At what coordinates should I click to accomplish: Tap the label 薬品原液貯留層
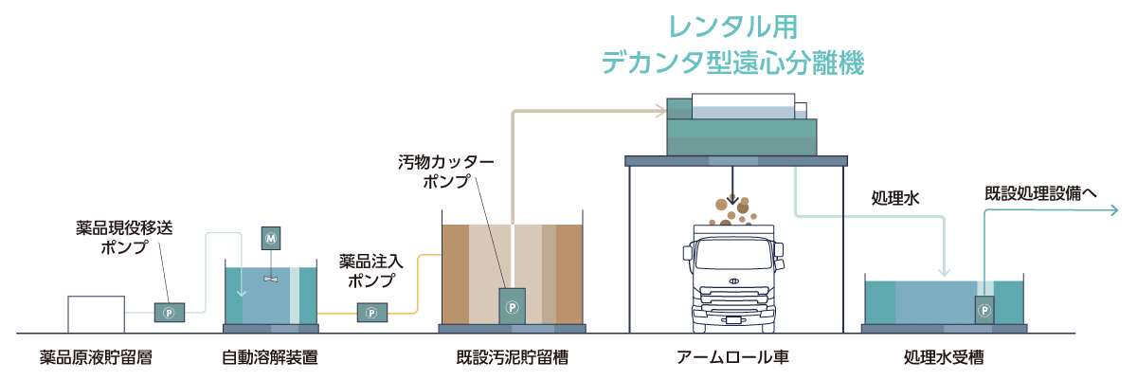click(96, 359)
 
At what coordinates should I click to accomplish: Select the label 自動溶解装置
click(269, 359)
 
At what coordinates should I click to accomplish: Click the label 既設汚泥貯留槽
click(513, 359)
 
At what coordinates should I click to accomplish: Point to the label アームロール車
click(732, 359)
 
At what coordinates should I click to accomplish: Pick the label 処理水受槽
click(943, 359)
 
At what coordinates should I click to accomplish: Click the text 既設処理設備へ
click(1040, 192)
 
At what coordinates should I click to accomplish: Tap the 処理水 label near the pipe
click(895, 199)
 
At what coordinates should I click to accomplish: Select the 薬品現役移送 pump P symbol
click(170, 311)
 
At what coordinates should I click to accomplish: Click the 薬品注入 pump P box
click(371, 311)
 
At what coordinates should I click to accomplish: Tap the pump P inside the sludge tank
click(513, 306)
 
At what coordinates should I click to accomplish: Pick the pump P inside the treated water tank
click(984, 309)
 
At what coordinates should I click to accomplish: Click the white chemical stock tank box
click(96, 315)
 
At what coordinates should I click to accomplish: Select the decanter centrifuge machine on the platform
click(742, 127)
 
